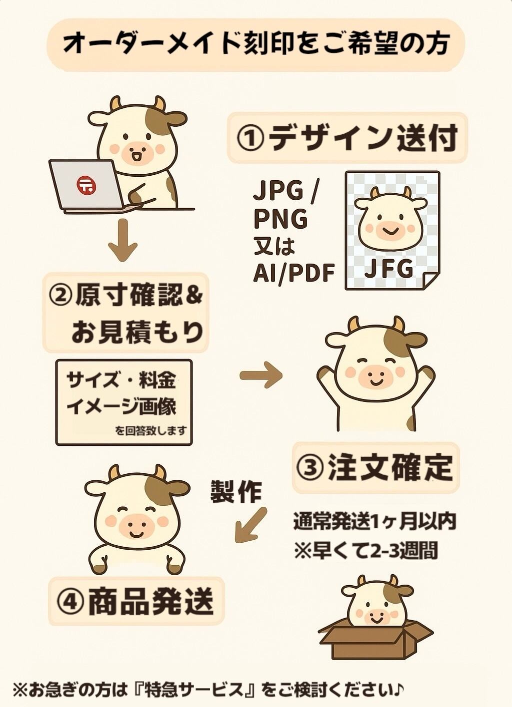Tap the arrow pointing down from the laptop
point(123,240)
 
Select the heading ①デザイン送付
point(347,137)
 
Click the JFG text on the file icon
point(389,268)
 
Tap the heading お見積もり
point(137,332)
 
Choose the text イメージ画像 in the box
point(121,406)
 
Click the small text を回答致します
point(151,430)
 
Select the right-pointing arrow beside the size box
point(261,375)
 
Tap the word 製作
point(235,491)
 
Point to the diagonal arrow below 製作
point(250,525)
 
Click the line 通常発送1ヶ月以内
point(375,522)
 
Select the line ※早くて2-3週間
point(366,550)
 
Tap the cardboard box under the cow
point(374,639)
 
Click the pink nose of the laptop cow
point(137,152)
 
